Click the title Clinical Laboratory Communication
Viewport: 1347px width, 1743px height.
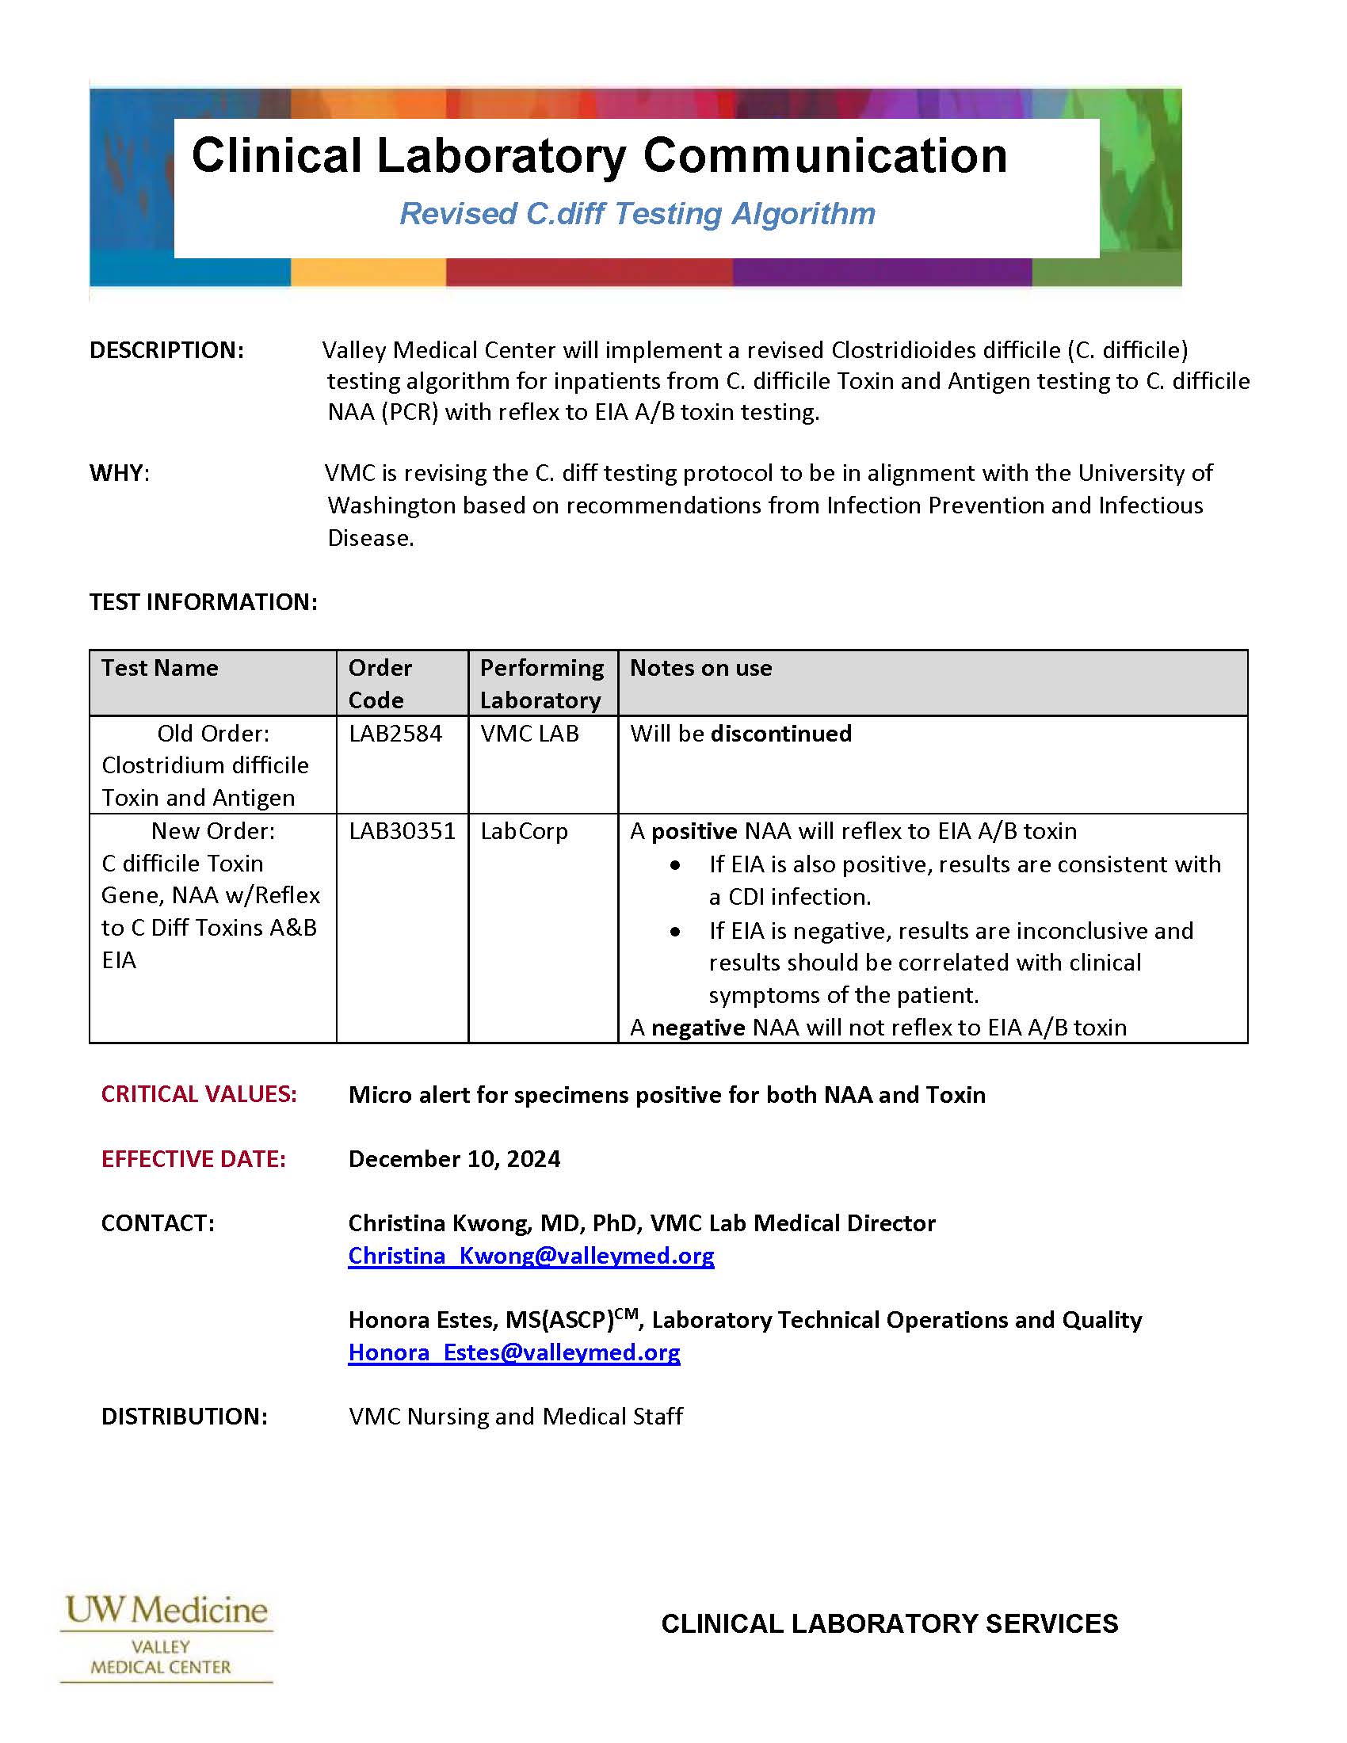pos(598,154)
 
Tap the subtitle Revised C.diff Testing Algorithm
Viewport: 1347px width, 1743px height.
pos(637,214)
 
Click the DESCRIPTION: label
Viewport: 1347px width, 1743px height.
pos(166,350)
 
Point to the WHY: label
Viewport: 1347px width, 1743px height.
pos(120,473)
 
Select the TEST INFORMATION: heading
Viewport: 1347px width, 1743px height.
pos(203,602)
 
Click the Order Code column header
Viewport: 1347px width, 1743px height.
pos(380,683)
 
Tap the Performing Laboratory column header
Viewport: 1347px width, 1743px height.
pos(542,683)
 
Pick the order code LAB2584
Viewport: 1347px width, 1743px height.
pos(395,734)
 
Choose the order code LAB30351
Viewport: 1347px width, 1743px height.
pos(402,831)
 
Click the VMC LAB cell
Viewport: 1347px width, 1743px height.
pos(530,734)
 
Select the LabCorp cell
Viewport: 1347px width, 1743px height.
pos(524,831)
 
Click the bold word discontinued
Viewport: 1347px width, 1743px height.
pos(780,734)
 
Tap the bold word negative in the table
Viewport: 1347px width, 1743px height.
pos(697,1027)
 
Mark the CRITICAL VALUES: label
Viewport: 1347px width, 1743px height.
pos(199,1094)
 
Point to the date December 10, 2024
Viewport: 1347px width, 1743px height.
pos(454,1159)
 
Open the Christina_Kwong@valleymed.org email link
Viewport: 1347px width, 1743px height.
pos(531,1256)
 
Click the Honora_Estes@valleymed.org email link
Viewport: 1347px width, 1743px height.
pos(514,1352)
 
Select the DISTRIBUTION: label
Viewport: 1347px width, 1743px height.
pos(185,1417)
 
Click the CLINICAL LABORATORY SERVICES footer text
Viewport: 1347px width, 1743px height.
pos(889,1624)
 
